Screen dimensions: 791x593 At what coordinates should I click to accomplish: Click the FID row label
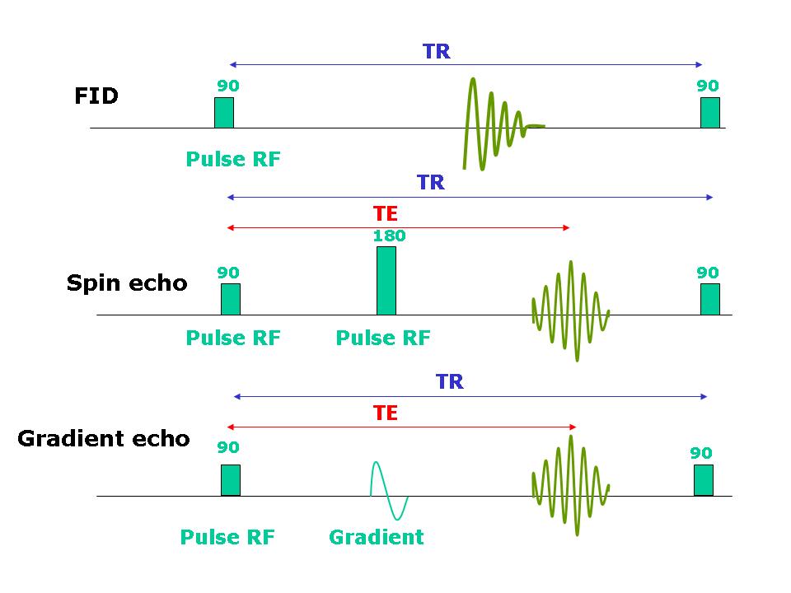(x=96, y=96)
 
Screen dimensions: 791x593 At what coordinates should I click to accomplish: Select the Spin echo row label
(x=127, y=283)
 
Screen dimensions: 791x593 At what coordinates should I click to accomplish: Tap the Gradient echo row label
(x=104, y=439)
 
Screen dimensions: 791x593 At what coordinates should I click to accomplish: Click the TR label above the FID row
(x=437, y=51)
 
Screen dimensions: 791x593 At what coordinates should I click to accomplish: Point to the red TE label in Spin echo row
(x=386, y=214)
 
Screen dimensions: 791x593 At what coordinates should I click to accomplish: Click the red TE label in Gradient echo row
(x=386, y=413)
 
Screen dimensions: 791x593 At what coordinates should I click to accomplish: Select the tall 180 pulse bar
(x=386, y=280)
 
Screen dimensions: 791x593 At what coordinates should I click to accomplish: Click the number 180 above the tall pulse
(x=389, y=236)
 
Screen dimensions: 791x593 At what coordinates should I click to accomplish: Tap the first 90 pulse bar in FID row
(x=224, y=113)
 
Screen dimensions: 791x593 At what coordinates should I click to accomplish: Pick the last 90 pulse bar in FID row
(x=709, y=113)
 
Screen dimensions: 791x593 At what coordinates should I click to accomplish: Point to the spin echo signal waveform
(x=570, y=311)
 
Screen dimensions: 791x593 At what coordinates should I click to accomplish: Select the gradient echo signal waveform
(x=570, y=486)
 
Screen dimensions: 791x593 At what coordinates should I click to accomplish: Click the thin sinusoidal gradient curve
(x=389, y=496)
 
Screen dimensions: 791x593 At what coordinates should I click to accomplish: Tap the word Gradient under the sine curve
(x=377, y=537)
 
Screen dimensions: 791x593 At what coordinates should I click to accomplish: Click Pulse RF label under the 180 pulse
(x=383, y=338)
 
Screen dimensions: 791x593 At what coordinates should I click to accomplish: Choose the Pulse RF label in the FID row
(x=233, y=159)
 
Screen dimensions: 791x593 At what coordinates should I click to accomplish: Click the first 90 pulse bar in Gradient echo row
(x=231, y=480)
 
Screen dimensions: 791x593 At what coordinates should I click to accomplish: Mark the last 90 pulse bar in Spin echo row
(x=709, y=300)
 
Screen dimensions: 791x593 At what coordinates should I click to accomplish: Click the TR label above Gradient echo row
(x=450, y=381)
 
